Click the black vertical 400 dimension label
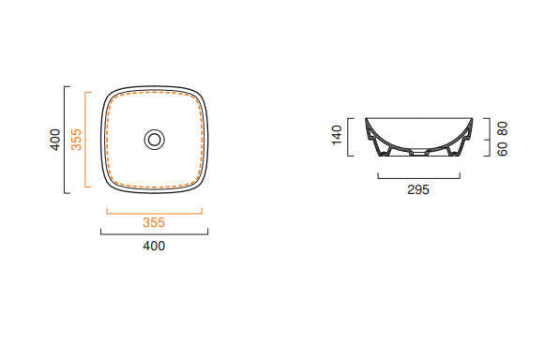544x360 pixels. point(55,140)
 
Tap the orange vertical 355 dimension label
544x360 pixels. point(76,140)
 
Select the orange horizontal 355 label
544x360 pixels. point(154,222)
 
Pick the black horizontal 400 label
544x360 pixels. point(154,246)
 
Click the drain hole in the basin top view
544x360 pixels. point(155,140)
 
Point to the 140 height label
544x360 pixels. point(337,135)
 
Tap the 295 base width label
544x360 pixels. point(418,189)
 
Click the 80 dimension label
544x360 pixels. point(503,128)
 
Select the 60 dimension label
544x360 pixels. point(503,149)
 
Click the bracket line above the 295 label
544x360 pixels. point(418,178)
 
